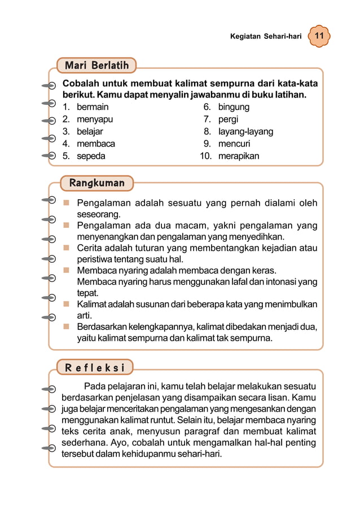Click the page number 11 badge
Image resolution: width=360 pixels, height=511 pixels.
319,36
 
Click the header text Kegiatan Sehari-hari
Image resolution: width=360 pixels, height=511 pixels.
266,36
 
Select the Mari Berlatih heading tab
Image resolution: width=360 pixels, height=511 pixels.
96,65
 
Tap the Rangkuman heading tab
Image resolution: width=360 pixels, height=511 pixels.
96,183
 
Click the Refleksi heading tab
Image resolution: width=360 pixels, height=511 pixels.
95,368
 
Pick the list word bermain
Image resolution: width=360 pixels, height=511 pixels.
93,107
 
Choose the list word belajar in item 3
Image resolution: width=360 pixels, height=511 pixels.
90,131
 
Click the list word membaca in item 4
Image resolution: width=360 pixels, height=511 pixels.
96,144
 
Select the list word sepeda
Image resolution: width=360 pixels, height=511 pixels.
91,156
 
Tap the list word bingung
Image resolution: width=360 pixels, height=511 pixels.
234,107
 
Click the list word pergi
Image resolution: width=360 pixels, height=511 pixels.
228,119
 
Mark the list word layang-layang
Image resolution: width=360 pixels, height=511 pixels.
245,131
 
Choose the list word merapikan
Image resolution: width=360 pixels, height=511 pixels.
239,156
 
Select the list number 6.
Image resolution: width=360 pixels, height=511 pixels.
207,107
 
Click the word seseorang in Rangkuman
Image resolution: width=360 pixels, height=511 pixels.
98,214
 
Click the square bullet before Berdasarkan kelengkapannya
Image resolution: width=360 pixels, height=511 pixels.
67,326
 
